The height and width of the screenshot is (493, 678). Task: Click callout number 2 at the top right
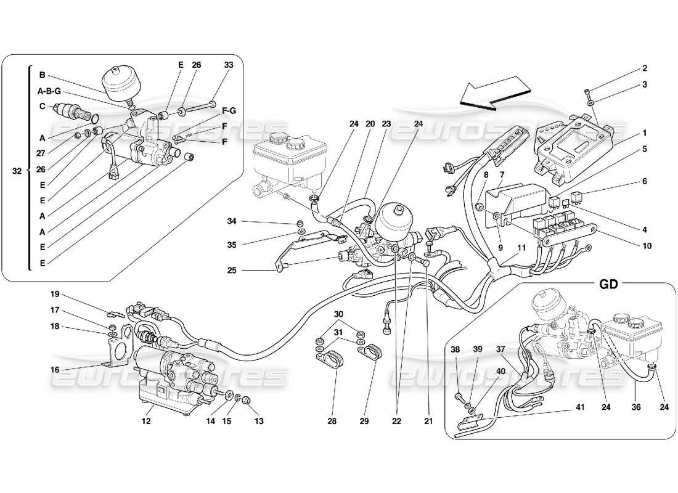(644, 68)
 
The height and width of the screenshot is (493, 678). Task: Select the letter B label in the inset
(43, 76)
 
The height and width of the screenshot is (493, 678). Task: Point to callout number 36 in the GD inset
(636, 407)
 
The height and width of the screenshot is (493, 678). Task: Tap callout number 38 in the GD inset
(455, 349)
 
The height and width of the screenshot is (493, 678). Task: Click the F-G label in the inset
(228, 111)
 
